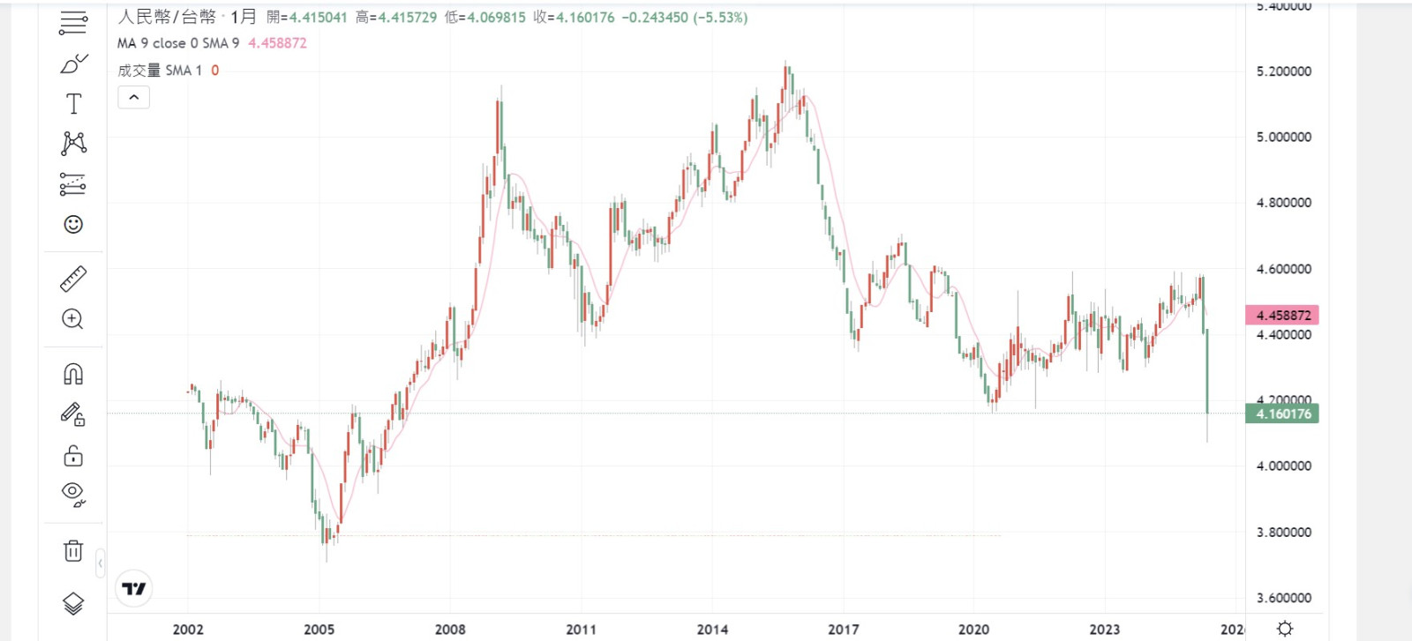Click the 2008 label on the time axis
450,630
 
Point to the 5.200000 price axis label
1283,71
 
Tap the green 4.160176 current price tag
1282,414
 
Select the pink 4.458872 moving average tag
1282,315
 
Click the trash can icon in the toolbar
73,551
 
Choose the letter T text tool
73,104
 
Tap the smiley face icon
73,225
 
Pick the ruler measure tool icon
73,279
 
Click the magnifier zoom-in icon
73,319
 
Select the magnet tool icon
73,374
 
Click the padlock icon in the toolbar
73,456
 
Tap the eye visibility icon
73,493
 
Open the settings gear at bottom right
1285,629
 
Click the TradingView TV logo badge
134,589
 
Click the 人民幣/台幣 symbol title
167,18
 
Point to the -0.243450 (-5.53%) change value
684,18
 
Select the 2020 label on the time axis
973,630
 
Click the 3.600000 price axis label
1283,598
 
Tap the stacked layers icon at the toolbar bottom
73,603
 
